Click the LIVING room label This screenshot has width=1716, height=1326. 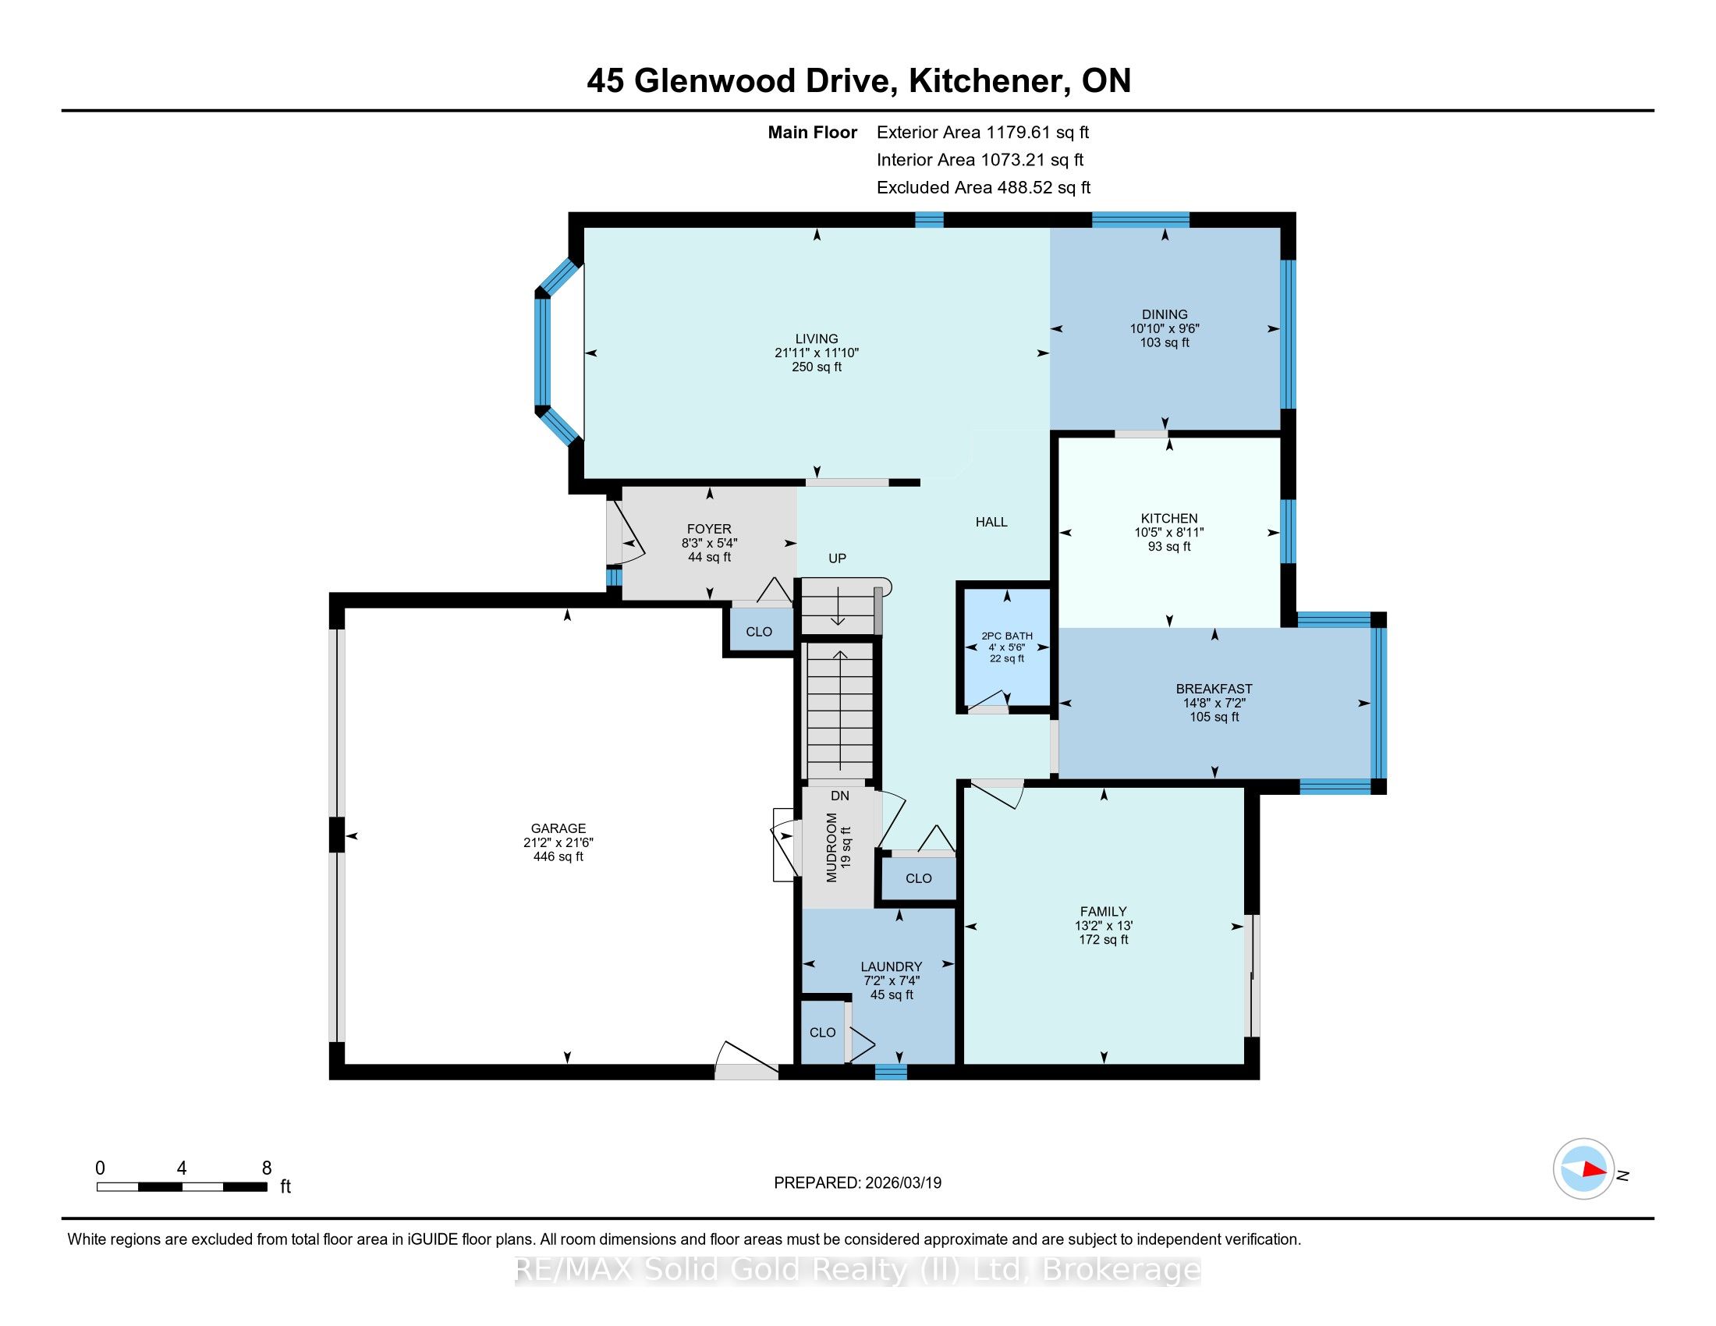817,339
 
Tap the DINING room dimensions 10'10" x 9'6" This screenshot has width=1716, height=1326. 1165,328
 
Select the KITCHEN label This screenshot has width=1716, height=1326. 1169,519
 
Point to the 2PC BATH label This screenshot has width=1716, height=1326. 1006,636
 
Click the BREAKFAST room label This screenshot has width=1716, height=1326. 1214,689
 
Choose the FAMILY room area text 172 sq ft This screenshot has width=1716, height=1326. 1103,940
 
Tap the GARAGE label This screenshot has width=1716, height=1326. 558,828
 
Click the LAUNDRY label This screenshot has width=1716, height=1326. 891,967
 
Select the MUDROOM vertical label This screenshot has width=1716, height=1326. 831,848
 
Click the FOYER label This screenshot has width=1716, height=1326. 709,530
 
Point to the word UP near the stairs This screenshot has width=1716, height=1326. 837,558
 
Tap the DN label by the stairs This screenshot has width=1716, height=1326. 840,796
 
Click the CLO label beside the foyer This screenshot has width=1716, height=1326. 758,632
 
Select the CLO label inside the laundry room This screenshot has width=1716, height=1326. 823,1032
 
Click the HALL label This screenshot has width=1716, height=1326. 991,522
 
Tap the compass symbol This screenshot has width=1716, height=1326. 1583,1168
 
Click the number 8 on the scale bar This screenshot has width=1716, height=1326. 266,1168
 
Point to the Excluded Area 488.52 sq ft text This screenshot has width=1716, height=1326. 984,188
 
